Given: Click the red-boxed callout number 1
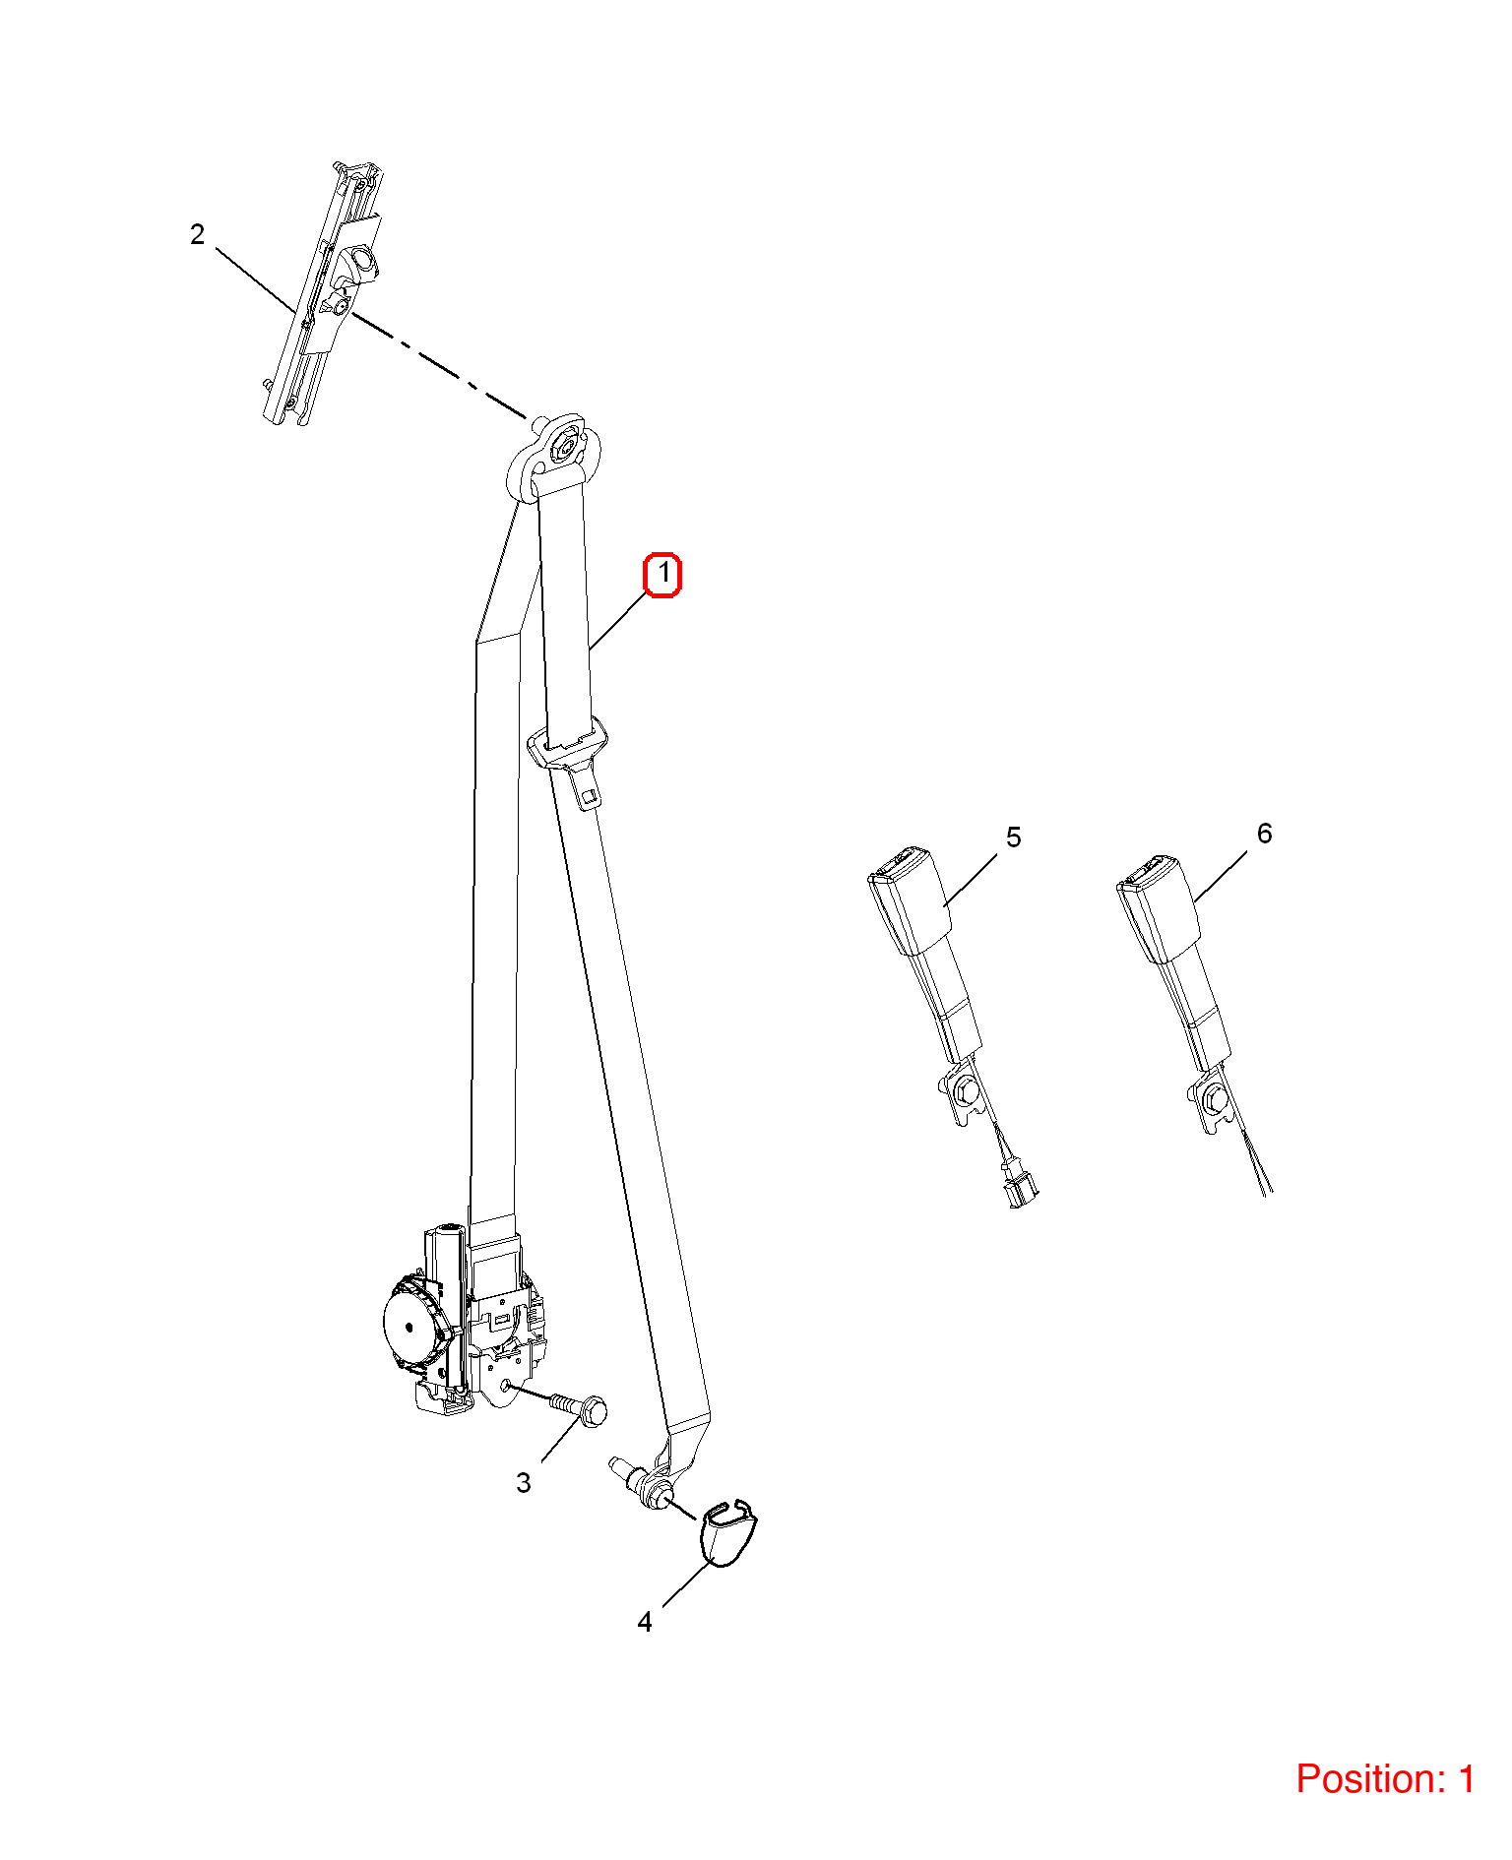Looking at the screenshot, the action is (x=662, y=575).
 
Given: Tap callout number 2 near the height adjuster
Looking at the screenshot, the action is (x=198, y=234).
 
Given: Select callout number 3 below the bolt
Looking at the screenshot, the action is (x=524, y=1482).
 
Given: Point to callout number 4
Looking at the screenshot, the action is (x=645, y=1621).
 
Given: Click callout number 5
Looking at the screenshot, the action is (x=1014, y=837).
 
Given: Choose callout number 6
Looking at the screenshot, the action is (x=1265, y=834).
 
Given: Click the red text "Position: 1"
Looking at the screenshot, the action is (x=1385, y=1778).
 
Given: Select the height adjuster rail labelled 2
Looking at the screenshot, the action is (x=322, y=293).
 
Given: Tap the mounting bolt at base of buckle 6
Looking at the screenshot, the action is (x=1214, y=1097).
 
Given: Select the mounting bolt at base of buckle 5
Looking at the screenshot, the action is (x=965, y=1088).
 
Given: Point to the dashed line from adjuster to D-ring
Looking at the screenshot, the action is (x=439, y=364).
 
